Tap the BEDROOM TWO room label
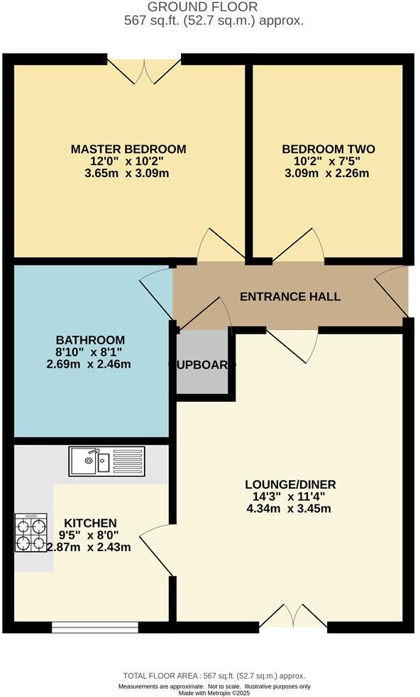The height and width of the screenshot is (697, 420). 328,149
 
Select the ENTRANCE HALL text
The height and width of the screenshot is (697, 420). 290,296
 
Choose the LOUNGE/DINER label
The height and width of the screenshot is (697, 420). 290,484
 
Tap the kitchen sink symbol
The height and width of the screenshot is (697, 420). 106,461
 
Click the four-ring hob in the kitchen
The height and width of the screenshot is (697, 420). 31,533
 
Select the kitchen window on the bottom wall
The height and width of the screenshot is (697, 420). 95,626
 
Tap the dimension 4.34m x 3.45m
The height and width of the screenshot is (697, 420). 290,509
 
